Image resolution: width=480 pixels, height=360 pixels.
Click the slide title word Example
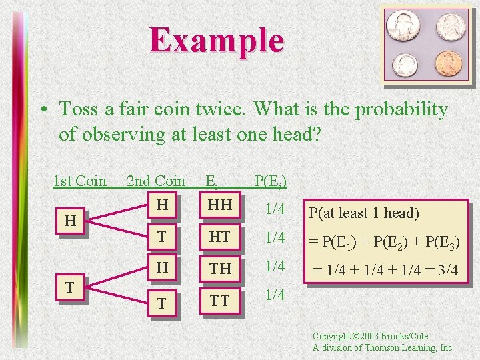217,39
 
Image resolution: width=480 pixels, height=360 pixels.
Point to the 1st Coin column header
80,181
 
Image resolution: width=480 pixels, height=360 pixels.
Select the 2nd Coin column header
156,181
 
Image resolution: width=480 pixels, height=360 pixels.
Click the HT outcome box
219,237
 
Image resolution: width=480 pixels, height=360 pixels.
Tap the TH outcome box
219,268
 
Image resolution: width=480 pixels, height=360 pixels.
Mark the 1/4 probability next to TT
275,295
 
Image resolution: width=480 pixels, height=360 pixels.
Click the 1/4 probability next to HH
275,209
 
